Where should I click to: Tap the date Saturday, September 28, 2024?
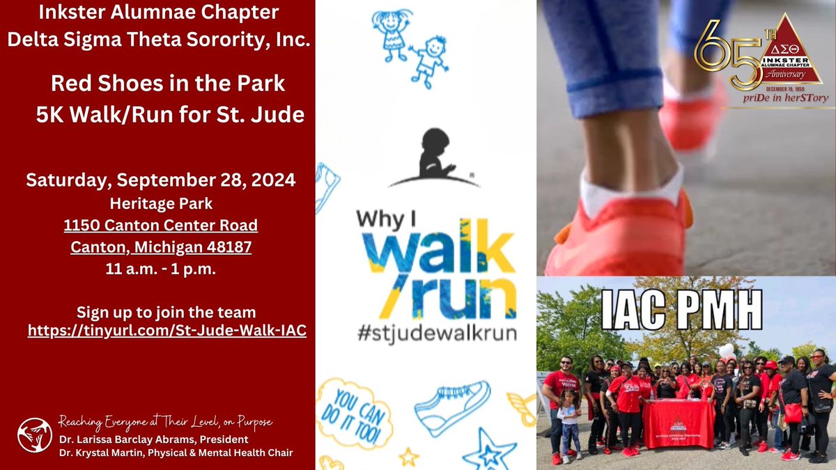(x=161, y=180)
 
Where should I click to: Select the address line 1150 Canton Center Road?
(x=161, y=225)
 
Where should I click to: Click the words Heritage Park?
(x=161, y=203)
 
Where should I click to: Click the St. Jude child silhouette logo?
(x=433, y=157)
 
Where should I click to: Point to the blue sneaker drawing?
(x=452, y=407)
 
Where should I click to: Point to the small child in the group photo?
(x=568, y=422)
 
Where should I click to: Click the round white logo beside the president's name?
(x=35, y=435)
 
